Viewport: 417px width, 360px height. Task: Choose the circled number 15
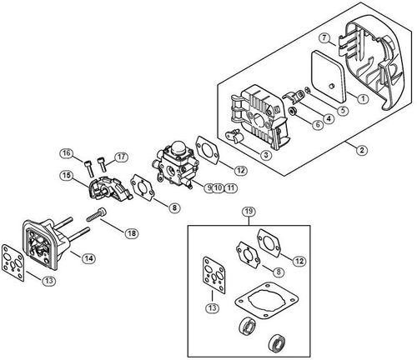[64, 175]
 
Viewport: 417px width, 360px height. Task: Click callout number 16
[66, 152]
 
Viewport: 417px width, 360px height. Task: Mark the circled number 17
[121, 156]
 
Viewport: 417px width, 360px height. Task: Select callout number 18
[131, 234]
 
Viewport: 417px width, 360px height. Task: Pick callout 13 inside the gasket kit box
[214, 307]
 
